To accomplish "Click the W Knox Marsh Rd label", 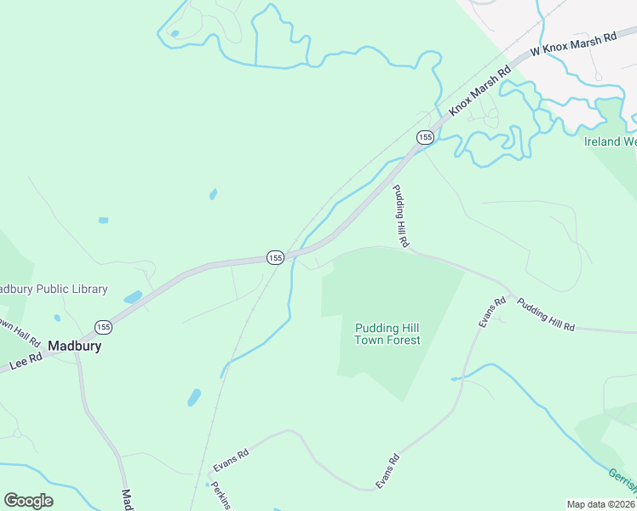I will (x=572, y=45).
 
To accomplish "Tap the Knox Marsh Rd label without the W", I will (x=480, y=89).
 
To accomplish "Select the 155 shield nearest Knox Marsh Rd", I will (x=425, y=137).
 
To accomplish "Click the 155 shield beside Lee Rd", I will (x=103, y=327).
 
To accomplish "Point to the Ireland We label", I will (x=610, y=141).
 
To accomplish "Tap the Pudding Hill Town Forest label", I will (x=387, y=334).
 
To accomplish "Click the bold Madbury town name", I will (x=75, y=347).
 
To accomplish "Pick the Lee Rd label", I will (x=26, y=362).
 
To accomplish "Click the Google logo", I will (x=28, y=500).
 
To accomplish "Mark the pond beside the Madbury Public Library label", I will (x=133, y=298).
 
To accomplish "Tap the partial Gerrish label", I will (x=622, y=482).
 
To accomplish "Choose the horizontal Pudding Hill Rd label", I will (x=546, y=315).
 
